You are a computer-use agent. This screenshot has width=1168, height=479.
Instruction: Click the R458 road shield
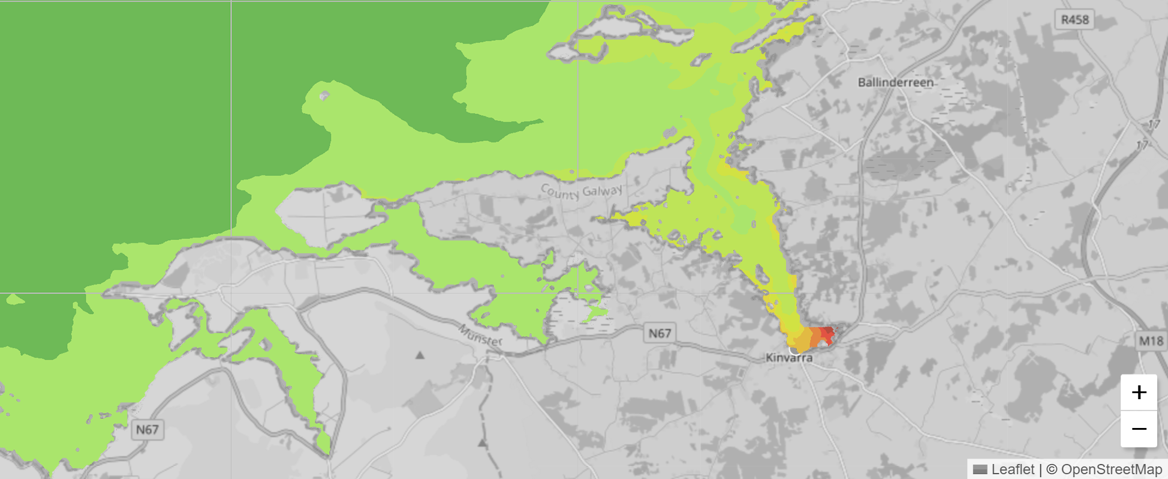1074,20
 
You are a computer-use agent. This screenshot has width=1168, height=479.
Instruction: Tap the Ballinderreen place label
895,82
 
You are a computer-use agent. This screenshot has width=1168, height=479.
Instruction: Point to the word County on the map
560,193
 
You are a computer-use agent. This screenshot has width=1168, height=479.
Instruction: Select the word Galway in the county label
603,191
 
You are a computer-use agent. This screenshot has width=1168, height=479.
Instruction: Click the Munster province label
480,336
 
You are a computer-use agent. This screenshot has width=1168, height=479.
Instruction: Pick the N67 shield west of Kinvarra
660,333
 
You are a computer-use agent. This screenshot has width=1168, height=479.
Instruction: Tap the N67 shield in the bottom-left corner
147,429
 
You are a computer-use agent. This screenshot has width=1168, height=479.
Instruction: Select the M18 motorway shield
1151,341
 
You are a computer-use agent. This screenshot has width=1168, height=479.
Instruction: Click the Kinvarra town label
789,358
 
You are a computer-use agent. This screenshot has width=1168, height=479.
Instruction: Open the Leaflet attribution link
1013,469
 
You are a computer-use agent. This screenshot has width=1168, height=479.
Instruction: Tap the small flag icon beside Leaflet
980,469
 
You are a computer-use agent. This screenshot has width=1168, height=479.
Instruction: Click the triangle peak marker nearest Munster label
420,355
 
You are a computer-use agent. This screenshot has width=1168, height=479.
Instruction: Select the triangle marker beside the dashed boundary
482,444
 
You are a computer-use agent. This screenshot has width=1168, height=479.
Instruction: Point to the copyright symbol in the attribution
1052,469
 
